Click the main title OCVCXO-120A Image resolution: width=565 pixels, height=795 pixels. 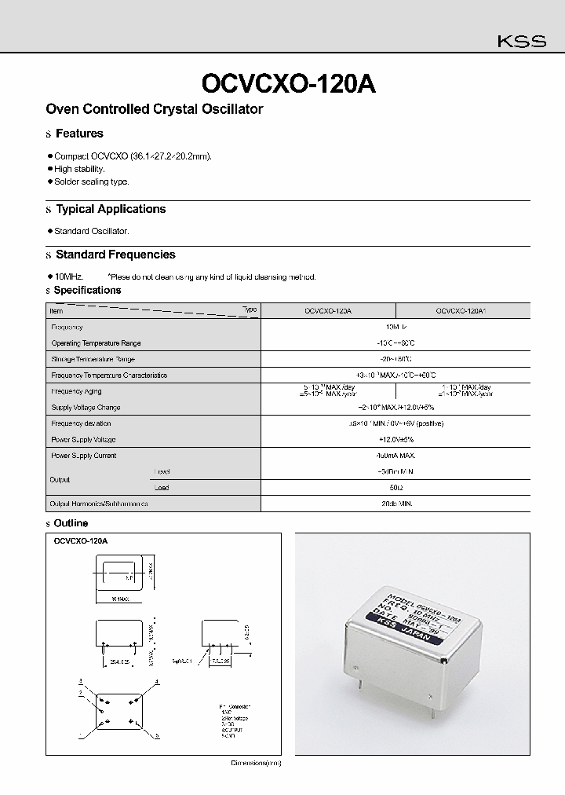289,84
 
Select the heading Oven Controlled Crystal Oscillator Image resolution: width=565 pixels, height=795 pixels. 155,109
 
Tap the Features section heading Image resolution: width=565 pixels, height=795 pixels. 79,134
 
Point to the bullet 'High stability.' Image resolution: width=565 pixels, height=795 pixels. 79,169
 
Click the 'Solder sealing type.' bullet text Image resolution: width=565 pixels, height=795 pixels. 91,181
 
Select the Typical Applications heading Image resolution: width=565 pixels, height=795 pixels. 111,209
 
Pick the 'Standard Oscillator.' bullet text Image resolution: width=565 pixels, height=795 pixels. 91,231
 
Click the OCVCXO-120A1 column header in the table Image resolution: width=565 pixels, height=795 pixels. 461,311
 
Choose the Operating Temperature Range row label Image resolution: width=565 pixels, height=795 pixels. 96,343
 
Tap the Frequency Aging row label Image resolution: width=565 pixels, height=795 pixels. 76,391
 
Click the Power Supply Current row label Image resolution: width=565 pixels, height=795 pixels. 83,456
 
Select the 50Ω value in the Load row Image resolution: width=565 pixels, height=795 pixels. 395,487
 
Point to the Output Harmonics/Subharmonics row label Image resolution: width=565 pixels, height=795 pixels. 99,504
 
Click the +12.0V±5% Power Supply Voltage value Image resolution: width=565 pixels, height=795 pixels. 395,439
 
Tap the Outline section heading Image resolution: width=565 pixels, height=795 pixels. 71,523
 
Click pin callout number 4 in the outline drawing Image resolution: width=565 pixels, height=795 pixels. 157,681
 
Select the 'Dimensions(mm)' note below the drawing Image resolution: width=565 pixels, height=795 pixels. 255,763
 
